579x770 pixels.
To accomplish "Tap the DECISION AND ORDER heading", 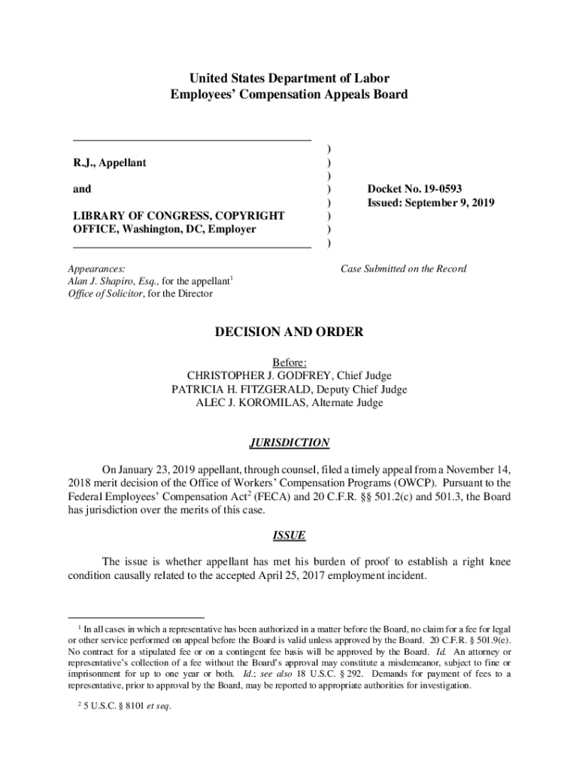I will [289, 332].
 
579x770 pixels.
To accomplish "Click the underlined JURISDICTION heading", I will [289, 443].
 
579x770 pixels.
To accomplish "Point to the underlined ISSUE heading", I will [289, 536].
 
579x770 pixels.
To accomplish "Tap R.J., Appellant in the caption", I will [109, 162].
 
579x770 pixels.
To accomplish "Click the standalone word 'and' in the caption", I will [82, 189].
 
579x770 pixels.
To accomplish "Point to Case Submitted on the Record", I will [404, 268].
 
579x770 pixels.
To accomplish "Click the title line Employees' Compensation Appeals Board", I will [289, 95].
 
